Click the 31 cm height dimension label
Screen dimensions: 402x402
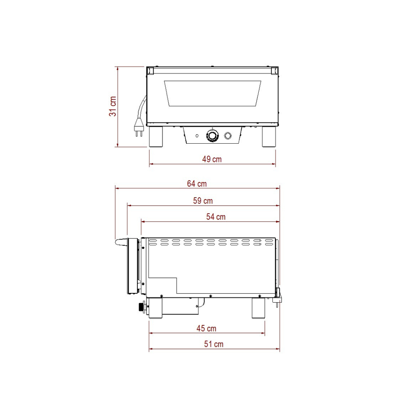[x=113, y=106]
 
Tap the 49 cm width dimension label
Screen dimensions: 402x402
[x=212, y=159]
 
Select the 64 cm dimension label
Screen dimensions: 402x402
[x=197, y=184]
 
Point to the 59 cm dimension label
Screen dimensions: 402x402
[x=203, y=201]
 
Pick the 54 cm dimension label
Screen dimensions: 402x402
[x=216, y=217]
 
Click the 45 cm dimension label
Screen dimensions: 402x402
[x=206, y=329]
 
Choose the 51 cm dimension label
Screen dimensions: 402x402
[x=214, y=344]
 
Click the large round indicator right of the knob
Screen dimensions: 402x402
[x=228, y=135]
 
